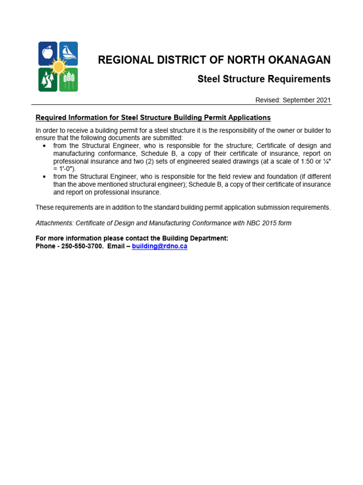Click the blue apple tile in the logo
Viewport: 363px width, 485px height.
47,53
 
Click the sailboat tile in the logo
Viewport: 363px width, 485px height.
69,53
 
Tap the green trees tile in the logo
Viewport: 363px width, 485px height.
47,80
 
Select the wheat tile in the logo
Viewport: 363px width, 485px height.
69,80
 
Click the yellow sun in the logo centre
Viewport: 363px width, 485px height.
58,66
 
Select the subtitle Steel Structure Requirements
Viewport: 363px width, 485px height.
264,79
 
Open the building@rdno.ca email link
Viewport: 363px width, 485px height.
159,246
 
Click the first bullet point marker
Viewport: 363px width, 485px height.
44,146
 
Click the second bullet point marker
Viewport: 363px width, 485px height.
44,177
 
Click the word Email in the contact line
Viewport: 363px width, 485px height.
116,246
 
